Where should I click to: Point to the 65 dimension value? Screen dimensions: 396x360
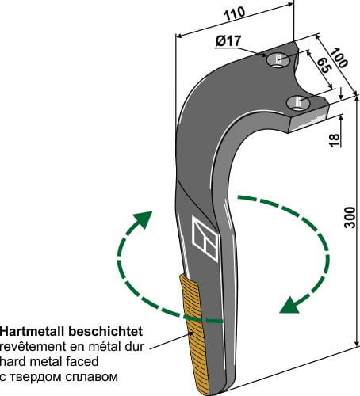coord(324,68)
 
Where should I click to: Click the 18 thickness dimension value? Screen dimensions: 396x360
coord(335,139)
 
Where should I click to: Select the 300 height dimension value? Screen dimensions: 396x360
coord(350,225)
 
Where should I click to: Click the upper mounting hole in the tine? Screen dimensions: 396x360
coord(278,59)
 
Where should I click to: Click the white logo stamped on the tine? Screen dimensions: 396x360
coord(204,238)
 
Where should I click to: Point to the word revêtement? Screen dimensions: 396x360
coord(29,341)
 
